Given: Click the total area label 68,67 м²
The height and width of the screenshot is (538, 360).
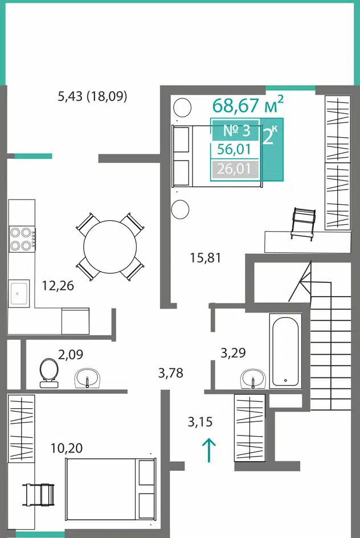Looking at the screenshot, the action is click(248, 105).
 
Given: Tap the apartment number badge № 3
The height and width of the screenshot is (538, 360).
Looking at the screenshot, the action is click(236, 130).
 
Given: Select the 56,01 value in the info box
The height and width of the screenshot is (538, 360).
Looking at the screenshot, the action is click(234, 150).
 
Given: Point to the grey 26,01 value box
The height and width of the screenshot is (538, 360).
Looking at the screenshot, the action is click(235, 169).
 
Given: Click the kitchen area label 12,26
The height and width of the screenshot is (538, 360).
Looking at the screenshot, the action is click(58, 285).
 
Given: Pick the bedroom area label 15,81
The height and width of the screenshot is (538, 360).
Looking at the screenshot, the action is click(206, 257).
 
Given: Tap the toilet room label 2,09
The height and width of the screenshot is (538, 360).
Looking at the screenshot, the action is click(71, 355).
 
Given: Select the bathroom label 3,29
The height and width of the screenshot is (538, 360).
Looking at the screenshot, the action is click(233, 353).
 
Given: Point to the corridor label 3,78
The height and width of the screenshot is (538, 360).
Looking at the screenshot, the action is click(170, 373).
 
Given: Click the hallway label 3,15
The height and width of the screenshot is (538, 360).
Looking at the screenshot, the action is click(200, 422).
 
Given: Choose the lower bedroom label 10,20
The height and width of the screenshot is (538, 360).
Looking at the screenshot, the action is click(67, 448).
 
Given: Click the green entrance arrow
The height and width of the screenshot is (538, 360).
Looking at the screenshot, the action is click(208, 450).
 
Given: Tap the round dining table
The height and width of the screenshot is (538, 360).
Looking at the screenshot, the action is click(110, 247).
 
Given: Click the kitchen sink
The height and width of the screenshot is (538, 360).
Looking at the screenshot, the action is click(19, 293).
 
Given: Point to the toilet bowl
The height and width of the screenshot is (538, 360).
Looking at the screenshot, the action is click(49, 373).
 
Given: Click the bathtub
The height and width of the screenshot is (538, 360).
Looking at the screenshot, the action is click(285, 351).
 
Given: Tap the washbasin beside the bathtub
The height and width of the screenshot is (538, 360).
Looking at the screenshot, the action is click(253, 379).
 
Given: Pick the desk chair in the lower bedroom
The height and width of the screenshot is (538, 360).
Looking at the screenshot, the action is click(38, 494).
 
